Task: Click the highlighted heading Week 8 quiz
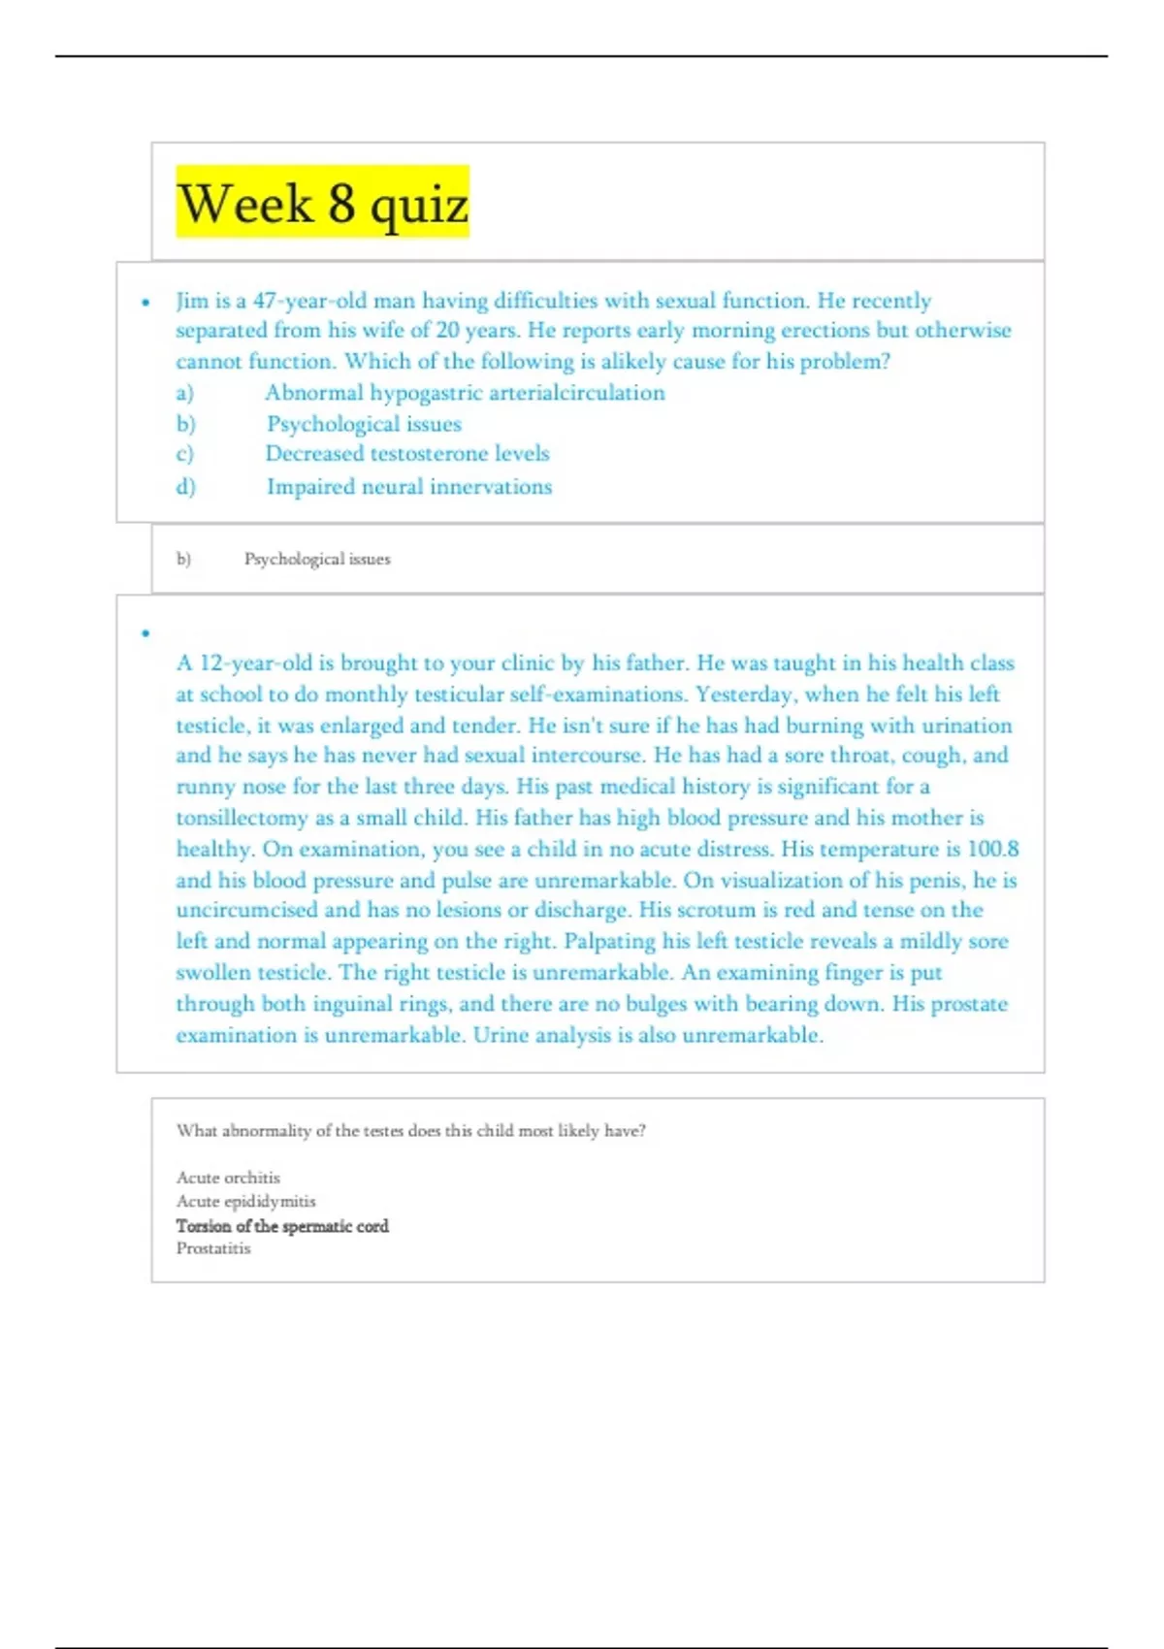point(322,203)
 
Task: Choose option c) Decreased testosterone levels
point(406,454)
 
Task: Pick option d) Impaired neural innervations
point(408,487)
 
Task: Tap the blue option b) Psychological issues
point(364,424)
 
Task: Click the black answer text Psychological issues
point(317,559)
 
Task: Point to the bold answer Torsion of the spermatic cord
point(282,1226)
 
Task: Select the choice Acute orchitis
point(228,1178)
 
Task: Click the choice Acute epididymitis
point(245,1201)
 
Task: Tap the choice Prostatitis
point(213,1248)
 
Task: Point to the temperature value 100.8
point(993,849)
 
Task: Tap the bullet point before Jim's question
point(145,302)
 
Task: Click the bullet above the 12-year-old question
point(145,633)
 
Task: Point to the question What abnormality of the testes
point(410,1131)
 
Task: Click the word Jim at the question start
point(191,301)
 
